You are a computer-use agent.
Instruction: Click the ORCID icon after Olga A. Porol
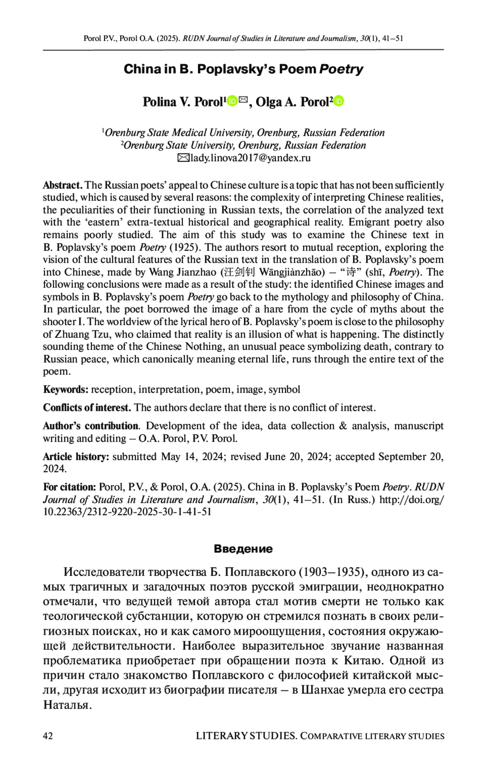pyautogui.click(x=338, y=101)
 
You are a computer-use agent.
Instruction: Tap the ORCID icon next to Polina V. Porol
pyautogui.click(x=232, y=101)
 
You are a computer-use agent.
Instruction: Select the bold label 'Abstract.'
pyautogui.click(x=63, y=186)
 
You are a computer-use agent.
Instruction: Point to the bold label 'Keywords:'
pyautogui.click(x=66, y=390)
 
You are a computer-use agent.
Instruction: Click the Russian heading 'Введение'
pyautogui.click(x=243, y=549)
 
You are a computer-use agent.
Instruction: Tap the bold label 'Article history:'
pyautogui.click(x=76, y=457)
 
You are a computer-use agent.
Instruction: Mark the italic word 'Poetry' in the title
pyautogui.click(x=341, y=69)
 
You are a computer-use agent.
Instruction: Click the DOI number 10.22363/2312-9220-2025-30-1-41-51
pyautogui.click(x=127, y=512)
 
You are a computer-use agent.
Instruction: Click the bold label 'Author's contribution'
pyautogui.click(x=91, y=426)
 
